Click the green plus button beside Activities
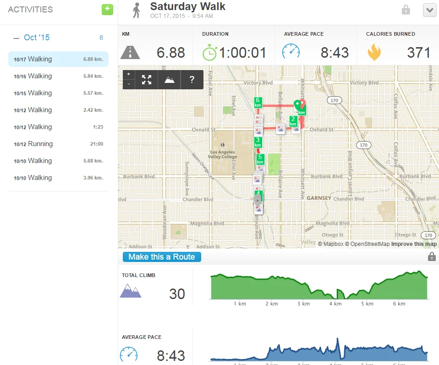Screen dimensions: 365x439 tap(107, 9)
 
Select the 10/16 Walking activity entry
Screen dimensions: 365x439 tap(58, 76)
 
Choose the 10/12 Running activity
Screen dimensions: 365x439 tap(58, 144)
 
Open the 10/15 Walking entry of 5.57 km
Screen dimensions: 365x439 tap(58, 93)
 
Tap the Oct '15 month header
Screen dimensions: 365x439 tap(37, 38)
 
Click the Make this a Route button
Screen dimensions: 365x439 tap(162, 257)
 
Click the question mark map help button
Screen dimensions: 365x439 tap(192, 80)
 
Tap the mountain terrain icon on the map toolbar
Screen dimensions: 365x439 tap(170, 80)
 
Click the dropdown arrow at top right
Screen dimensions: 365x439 tap(429, 10)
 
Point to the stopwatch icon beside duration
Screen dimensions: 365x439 tap(209, 52)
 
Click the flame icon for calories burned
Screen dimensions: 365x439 tap(374, 52)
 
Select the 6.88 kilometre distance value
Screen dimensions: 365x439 tap(171, 53)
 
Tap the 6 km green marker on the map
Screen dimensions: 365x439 tap(258, 102)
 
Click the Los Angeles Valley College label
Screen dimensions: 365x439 tap(222, 154)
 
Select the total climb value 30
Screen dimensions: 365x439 tap(177, 294)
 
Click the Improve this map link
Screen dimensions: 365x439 tap(414, 244)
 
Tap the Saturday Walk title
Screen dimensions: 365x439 tap(188, 7)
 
